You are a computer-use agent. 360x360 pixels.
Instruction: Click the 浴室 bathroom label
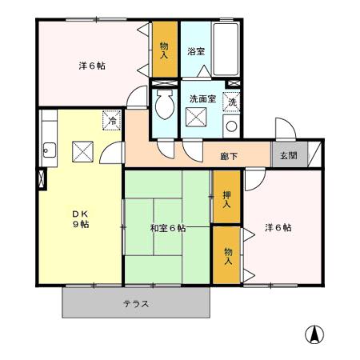[x=196, y=52]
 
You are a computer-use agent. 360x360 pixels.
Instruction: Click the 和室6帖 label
[x=167, y=228]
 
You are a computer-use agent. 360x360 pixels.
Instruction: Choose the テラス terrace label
[x=136, y=304]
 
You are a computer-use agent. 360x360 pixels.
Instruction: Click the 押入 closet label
[x=227, y=199]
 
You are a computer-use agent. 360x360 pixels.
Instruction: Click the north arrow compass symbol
[x=314, y=334]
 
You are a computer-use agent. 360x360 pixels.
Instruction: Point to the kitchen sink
[x=49, y=148]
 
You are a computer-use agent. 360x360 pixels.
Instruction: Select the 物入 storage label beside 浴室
[x=164, y=51]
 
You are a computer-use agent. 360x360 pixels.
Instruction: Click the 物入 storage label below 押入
[x=228, y=255]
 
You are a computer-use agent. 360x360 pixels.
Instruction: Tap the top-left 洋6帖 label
[x=92, y=66]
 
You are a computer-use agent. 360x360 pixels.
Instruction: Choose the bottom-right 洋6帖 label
[x=278, y=228]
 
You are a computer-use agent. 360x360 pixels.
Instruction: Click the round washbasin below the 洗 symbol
[x=231, y=126]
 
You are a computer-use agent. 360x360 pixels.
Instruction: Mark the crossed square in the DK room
[x=83, y=151]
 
